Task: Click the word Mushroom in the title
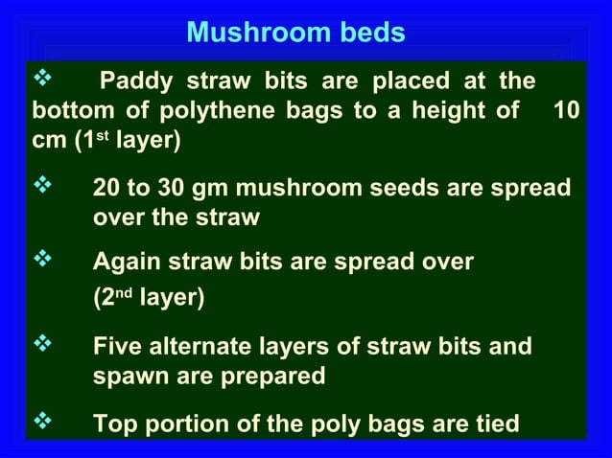point(240,34)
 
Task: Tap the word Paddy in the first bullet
point(136,79)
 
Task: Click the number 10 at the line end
point(567,110)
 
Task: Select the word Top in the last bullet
point(115,423)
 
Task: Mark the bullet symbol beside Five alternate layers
point(42,342)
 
